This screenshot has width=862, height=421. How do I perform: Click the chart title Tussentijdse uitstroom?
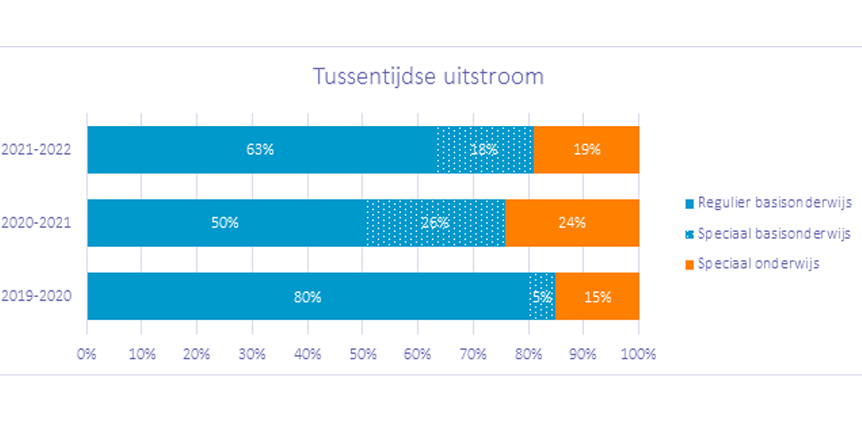click(x=429, y=76)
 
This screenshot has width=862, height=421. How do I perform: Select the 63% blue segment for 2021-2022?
click(x=262, y=149)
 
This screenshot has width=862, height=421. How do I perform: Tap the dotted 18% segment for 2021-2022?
click(x=485, y=149)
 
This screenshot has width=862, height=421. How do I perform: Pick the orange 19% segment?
click(x=587, y=149)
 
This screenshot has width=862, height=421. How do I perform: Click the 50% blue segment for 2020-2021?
click(x=227, y=223)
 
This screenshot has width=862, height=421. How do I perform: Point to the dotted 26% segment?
click(x=435, y=223)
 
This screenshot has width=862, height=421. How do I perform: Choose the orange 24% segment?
click(x=572, y=223)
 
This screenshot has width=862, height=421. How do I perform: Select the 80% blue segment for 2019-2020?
click(x=308, y=296)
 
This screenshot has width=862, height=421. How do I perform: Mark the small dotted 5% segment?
click(x=542, y=296)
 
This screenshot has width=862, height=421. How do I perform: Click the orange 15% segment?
click(x=598, y=296)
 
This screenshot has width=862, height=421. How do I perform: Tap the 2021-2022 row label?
click(x=36, y=149)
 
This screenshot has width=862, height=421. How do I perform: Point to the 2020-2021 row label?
click(x=36, y=223)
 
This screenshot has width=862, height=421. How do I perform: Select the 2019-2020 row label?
click(x=36, y=296)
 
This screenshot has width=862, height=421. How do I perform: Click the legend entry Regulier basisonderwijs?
click(x=769, y=203)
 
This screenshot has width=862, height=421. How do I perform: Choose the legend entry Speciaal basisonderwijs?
click(x=768, y=234)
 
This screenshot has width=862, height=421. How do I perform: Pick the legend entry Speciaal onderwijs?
click(x=752, y=264)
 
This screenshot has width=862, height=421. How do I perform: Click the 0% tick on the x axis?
click(x=87, y=354)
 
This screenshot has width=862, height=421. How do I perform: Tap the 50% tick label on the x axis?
click(x=363, y=354)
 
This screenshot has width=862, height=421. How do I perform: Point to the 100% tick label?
click(x=638, y=354)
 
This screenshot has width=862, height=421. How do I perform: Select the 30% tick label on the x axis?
click(x=252, y=354)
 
